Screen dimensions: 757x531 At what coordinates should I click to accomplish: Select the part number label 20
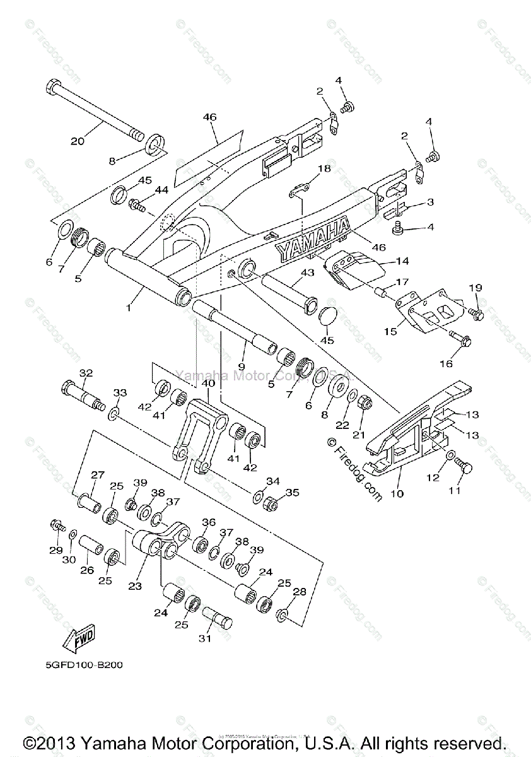pos(77,141)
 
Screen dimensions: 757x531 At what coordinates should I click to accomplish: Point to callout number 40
pos(207,383)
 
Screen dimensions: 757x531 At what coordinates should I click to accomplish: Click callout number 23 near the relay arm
pos(135,585)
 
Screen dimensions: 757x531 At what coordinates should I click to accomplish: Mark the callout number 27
pos(98,476)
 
